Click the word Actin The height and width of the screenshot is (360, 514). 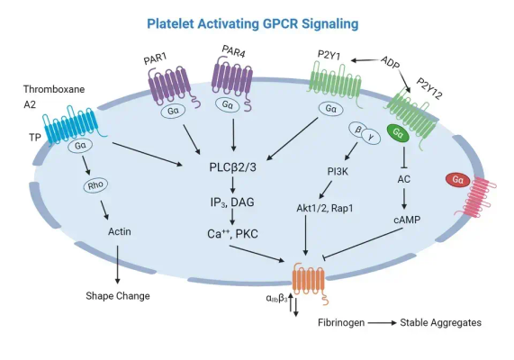click(120, 231)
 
